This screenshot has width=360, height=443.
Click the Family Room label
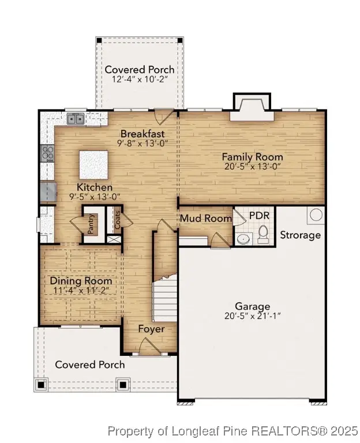click(x=252, y=156)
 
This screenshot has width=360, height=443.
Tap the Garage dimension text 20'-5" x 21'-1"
click(x=252, y=316)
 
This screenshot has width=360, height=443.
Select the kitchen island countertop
click(x=94, y=165)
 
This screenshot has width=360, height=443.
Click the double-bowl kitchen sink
click(x=76, y=119)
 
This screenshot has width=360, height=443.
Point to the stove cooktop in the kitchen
click(x=47, y=153)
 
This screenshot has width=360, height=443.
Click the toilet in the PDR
click(x=264, y=234)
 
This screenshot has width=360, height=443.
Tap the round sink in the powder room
click(x=243, y=239)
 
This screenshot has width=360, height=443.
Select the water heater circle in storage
click(x=316, y=215)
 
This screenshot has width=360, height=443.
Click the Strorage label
click(x=300, y=235)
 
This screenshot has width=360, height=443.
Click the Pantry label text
click(x=91, y=224)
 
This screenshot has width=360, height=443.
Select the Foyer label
click(x=151, y=329)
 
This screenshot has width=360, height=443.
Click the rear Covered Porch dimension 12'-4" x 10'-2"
click(x=139, y=80)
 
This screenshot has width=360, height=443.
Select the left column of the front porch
click(x=41, y=384)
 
